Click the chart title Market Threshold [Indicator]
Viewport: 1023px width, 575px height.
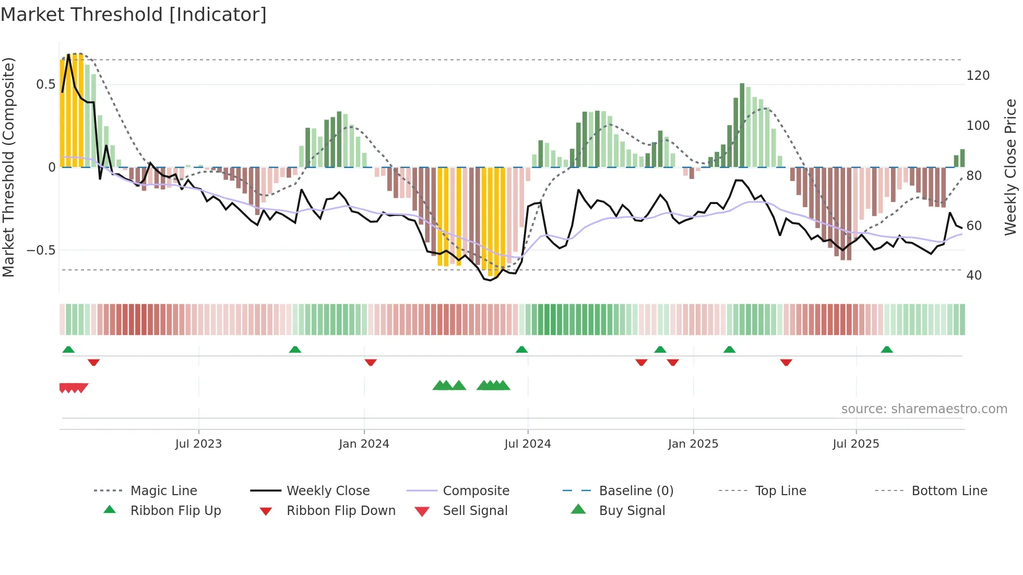[134, 15]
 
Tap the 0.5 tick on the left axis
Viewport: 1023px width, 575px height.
[45, 85]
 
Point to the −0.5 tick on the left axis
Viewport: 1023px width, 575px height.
[41, 250]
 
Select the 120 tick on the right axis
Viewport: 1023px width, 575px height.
[978, 76]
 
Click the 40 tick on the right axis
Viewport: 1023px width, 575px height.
[974, 275]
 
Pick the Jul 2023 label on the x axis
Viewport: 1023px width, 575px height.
[198, 444]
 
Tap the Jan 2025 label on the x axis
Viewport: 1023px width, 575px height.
[693, 444]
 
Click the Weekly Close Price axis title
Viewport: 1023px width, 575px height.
[1010, 167]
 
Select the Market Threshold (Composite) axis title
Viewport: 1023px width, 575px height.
[8, 167]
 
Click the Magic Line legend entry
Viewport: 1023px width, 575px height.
[163, 491]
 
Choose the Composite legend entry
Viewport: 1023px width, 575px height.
[475, 491]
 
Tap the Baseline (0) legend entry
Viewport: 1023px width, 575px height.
[636, 491]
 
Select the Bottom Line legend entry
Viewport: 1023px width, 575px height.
[949, 491]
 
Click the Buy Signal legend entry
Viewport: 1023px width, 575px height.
[632, 511]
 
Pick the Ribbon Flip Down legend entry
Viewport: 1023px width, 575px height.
[341, 511]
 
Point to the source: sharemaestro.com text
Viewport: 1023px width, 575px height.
[924, 409]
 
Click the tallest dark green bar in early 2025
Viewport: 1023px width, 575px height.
[742, 125]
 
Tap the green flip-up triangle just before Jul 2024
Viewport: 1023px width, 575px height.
[521, 350]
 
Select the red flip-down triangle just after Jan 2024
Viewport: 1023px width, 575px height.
[371, 362]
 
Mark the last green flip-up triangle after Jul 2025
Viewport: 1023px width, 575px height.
[886, 350]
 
